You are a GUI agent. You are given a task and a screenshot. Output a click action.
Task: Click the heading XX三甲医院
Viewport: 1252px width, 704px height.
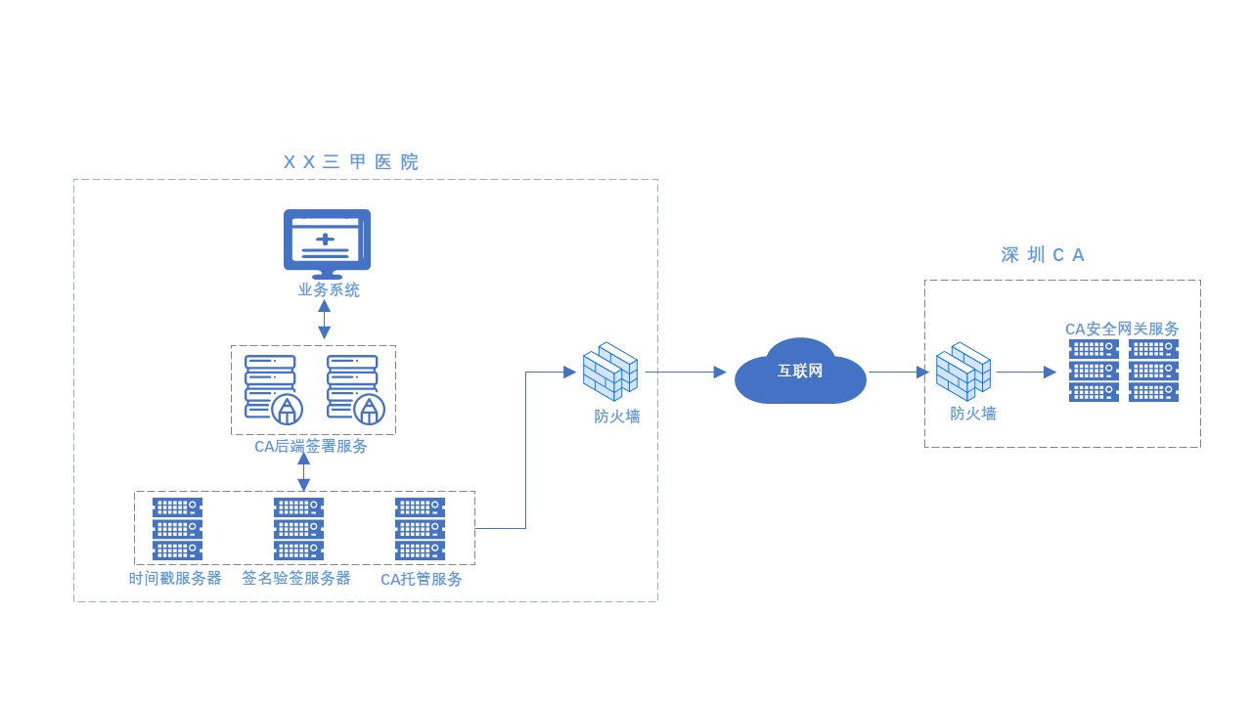pyautogui.click(x=351, y=162)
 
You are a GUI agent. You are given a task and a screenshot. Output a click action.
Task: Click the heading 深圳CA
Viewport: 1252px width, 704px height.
pyautogui.click(x=1044, y=255)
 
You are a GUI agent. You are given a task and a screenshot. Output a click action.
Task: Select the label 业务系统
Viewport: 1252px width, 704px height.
pyautogui.click(x=329, y=290)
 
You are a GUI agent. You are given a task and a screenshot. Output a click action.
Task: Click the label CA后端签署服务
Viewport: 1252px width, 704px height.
pyautogui.click(x=311, y=447)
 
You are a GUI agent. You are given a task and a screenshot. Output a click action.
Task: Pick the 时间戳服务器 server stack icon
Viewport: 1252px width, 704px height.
pyautogui.click(x=177, y=529)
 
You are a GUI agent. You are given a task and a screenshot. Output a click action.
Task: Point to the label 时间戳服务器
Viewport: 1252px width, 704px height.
pyautogui.click(x=175, y=578)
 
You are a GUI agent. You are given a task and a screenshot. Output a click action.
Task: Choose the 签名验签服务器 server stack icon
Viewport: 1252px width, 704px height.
pyautogui.click(x=298, y=529)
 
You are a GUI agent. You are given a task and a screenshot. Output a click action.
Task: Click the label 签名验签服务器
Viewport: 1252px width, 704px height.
pyautogui.click(x=296, y=578)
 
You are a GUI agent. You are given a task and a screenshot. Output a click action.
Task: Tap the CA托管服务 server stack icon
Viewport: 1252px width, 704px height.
pyautogui.click(x=420, y=529)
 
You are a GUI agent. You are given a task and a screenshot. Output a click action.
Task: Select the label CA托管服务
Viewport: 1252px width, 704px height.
pyautogui.click(x=422, y=579)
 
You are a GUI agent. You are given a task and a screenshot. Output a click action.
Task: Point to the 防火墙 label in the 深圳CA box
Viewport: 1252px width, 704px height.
pyautogui.click(x=973, y=414)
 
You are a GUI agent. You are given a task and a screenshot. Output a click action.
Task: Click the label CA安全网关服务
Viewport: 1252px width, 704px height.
pyautogui.click(x=1122, y=329)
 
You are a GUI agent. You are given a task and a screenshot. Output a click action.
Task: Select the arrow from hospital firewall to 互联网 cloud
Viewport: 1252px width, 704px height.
pyautogui.click(x=685, y=373)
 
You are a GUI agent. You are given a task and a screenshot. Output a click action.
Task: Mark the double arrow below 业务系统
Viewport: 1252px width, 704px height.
pyautogui.click(x=324, y=319)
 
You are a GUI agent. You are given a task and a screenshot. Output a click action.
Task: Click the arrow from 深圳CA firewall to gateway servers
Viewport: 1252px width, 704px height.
pyautogui.click(x=1026, y=373)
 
